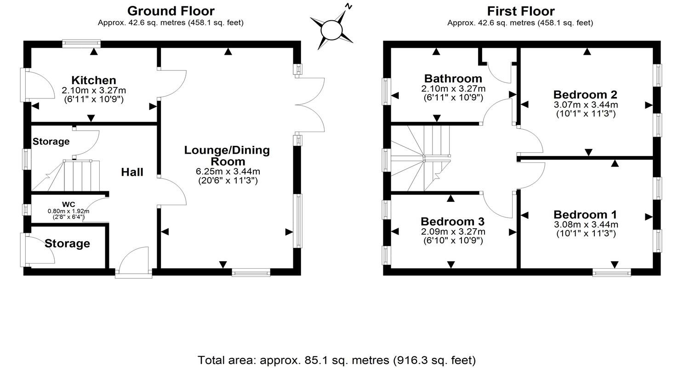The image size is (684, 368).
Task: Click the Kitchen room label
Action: [94, 80]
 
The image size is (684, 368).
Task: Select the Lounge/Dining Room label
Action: [227, 155]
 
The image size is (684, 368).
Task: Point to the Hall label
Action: [132, 172]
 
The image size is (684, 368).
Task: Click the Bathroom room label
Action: [453, 78]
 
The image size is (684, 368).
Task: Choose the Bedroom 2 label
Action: [585, 95]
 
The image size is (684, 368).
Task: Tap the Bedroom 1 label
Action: [585, 215]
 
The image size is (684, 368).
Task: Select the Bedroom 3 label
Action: [453, 221]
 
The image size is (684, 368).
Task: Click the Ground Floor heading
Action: [171, 11]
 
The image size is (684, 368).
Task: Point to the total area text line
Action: [336, 360]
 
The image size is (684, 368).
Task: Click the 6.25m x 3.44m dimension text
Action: [228, 172]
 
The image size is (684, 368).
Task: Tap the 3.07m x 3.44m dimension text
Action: [585, 105]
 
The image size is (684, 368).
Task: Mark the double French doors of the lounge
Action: [310, 105]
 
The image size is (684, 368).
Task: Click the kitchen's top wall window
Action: [81, 44]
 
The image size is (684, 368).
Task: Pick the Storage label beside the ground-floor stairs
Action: [51, 142]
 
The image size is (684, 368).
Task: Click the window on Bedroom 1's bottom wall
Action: [611, 273]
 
